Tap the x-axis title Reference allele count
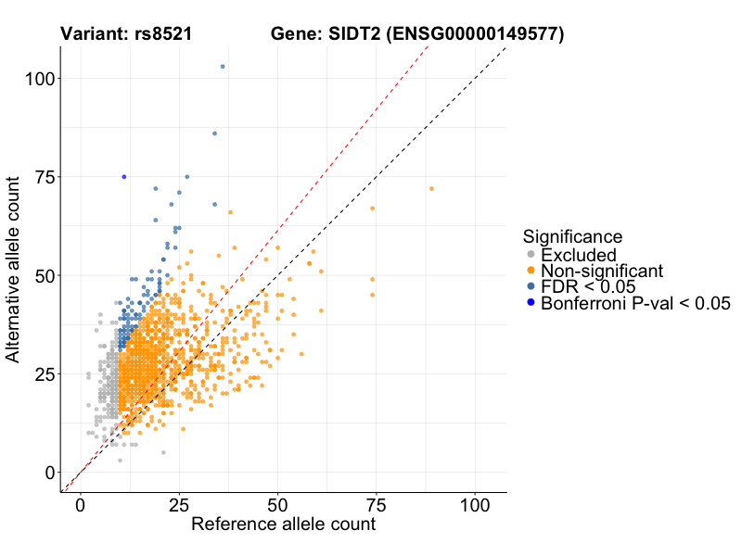(x=283, y=524)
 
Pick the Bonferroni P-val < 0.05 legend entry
(x=636, y=302)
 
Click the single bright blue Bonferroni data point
(x=124, y=177)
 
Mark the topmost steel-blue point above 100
(x=223, y=67)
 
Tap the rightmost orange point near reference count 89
(x=431, y=189)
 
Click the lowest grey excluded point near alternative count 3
(x=120, y=460)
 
